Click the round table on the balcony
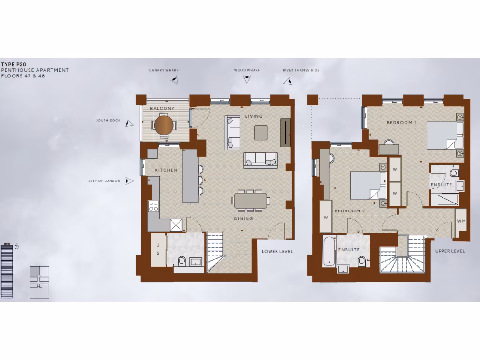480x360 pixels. (x=164, y=125)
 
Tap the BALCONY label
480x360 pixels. (x=162, y=109)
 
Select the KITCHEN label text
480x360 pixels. (x=166, y=170)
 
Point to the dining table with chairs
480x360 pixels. (x=250, y=201)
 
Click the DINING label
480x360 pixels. (x=243, y=218)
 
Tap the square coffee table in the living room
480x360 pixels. (x=261, y=132)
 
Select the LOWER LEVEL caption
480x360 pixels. (x=277, y=252)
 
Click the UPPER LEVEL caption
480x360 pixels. (x=450, y=251)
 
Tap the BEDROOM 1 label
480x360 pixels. (x=401, y=123)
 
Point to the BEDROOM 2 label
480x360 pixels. (x=349, y=211)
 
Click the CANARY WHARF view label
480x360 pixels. (x=164, y=70)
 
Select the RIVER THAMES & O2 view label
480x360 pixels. (x=301, y=70)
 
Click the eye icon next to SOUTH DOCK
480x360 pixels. (x=129, y=123)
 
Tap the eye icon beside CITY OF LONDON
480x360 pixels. (x=129, y=181)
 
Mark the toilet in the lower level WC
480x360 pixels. (x=182, y=260)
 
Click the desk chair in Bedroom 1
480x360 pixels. (x=389, y=141)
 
